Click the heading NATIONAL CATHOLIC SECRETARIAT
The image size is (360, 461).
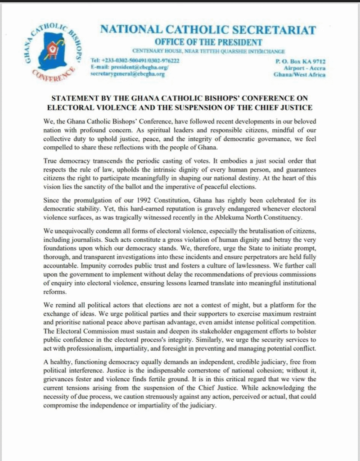click(x=208, y=30)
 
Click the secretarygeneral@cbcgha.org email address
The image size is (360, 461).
click(x=128, y=73)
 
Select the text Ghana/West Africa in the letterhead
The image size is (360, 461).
click(x=300, y=74)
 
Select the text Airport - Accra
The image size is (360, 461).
click(x=303, y=68)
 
